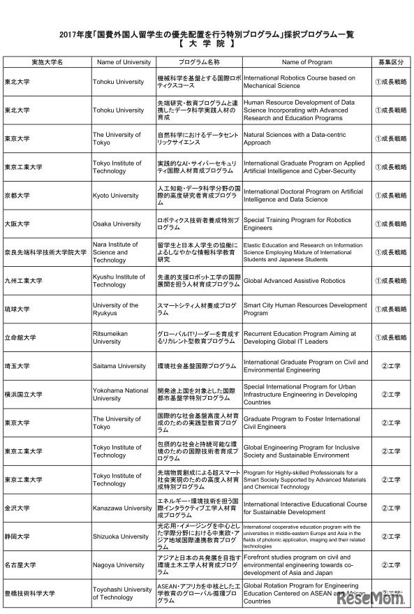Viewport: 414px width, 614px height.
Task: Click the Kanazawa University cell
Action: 122,509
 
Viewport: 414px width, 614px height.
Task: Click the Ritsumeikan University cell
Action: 110,337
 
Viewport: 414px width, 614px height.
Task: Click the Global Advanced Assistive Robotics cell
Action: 294,281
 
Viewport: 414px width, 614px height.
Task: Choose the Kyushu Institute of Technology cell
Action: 119,281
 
